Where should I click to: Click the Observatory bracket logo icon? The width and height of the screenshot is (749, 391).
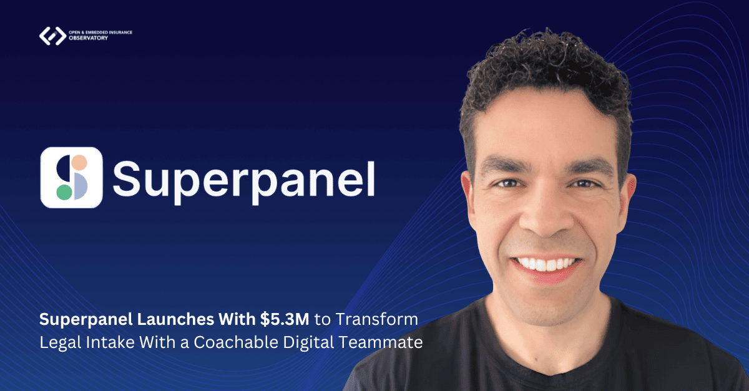click(x=53, y=36)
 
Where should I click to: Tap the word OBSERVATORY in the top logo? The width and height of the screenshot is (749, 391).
click(x=88, y=38)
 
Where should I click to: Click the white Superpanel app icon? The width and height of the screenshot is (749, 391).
click(x=71, y=178)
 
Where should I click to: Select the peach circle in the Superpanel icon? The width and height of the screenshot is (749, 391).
click(x=80, y=163)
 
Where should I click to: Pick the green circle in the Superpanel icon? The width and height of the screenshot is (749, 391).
click(x=64, y=192)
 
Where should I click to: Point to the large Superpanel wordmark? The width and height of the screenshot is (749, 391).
click(x=244, y=181)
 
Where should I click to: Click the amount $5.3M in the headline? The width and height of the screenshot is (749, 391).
click(x=285, y=319)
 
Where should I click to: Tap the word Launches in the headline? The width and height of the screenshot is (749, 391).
click(x=175, y=319)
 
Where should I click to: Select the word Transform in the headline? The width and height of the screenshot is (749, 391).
click(x=377, y=319)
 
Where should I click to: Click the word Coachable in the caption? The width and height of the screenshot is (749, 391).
click(x=236, y=342)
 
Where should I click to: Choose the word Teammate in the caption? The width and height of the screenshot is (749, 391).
click(x=381, y=342)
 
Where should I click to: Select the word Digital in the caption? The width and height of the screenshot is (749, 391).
click(x=308, y=343)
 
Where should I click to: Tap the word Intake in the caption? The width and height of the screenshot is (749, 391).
click(x=110, y=342)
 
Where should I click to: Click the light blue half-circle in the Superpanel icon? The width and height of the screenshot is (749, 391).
click(x=81, y=186)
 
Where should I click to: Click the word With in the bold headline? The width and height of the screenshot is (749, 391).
click(x=237, y=319)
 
